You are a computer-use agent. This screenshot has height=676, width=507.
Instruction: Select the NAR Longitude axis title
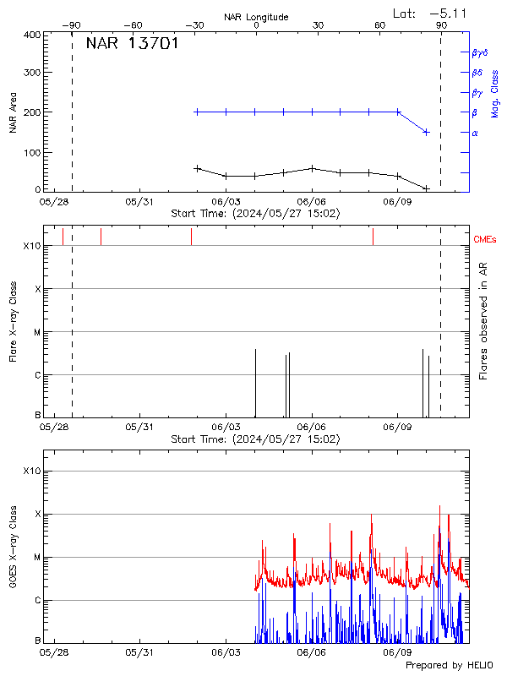tap(256, 16)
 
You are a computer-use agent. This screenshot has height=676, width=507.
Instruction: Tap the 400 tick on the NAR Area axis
tap(33, 35)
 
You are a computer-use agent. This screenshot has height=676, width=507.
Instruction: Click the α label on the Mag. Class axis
tap(475, 133)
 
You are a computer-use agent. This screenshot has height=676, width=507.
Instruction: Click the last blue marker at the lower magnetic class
tap(427, 132)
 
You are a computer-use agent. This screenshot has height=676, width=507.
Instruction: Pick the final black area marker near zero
tap(427, 188)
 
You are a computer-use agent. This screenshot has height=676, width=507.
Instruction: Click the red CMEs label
tap(485, 240)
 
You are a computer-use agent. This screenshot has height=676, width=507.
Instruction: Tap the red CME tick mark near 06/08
tap(373, 237)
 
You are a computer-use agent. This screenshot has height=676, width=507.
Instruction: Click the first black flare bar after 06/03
tap(255, 382)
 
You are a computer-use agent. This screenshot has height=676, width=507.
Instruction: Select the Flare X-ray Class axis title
tap(13, 321)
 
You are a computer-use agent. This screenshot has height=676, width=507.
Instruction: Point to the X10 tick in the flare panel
tap(31, 246)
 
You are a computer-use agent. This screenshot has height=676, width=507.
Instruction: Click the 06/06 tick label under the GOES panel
tap(312, 652)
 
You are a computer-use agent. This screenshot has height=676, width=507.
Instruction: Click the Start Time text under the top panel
tap(256, 214)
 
